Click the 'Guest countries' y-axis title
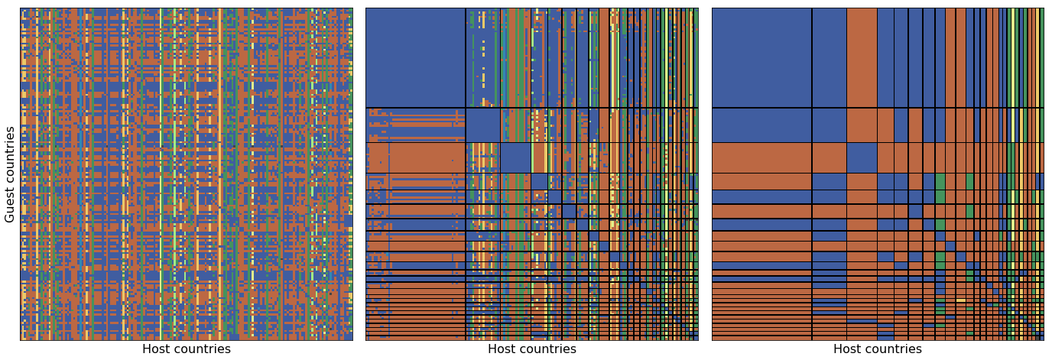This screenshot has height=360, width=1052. coord(11,175)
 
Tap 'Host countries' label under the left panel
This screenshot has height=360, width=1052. coord(186,349)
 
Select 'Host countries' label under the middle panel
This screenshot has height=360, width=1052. coord(532,349)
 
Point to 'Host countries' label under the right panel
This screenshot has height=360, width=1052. coord(878,349)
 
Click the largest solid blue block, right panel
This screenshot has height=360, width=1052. coord(761,57)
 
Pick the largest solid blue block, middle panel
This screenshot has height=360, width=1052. coord(415,57)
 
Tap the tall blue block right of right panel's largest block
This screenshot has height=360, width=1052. coord(829,57)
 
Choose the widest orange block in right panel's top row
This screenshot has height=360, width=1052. coord(862,57)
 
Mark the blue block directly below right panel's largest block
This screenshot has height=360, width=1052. coord(761,125)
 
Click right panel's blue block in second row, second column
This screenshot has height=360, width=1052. coord(829,125)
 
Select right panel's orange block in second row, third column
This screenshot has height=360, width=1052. coord(862,125)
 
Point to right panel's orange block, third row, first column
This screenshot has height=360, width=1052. coord(761,157)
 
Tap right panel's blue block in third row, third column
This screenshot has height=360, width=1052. coord(862,157)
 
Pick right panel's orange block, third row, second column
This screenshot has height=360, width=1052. coord(829,157)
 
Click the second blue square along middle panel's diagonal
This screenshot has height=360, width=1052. coord(482,125)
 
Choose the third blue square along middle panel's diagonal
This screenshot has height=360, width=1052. coord(515,157)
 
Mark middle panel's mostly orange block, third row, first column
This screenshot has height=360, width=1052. coord(415,157)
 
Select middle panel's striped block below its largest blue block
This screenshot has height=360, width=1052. coord(415,125)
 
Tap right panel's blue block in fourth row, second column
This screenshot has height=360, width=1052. coord(829,181)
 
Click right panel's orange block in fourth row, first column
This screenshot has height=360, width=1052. coord(761,181)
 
